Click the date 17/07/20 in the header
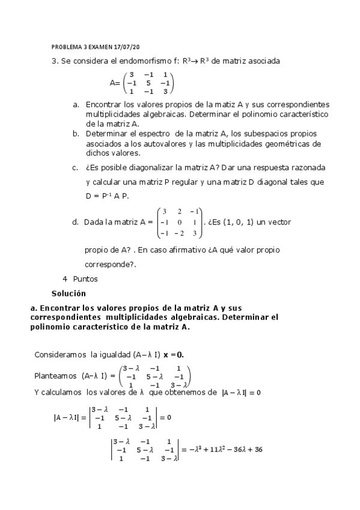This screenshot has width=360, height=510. (x=129, y=46)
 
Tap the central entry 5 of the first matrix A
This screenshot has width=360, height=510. (x=148, y=82)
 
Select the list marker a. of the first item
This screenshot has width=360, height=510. (x=76, y=104)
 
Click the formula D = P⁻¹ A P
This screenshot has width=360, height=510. (x=107, y=195)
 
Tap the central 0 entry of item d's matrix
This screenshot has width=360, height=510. (x=178, y=223)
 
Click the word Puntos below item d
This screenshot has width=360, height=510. (x=85, y=279)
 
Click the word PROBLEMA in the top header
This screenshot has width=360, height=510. (x=66, y=46)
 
